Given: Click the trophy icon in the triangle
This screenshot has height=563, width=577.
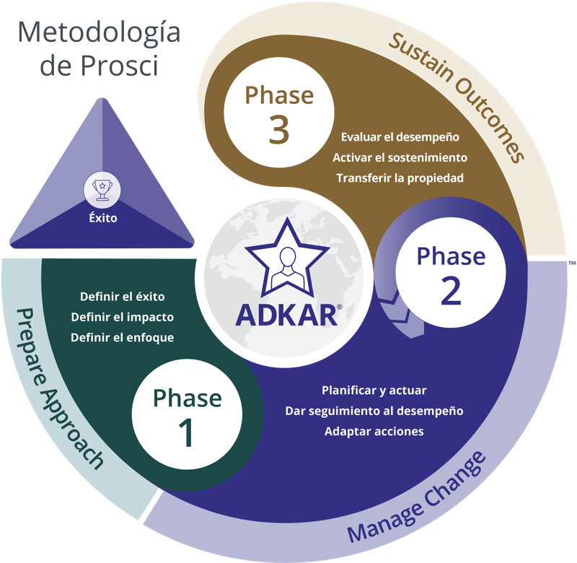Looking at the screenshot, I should coord(102,190).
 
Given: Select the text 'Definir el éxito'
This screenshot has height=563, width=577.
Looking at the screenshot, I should coord(123,296).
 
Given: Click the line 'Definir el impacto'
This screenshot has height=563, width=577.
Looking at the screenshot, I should coord(123,317).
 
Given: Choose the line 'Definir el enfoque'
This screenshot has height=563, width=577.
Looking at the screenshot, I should coord(123,337).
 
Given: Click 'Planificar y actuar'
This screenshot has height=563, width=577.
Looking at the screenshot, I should coord(374,390).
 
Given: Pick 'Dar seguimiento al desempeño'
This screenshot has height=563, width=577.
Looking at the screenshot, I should coord(374,411).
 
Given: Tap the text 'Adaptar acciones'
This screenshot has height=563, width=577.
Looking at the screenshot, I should coord(374,432).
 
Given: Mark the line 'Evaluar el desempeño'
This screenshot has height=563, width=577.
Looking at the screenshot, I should coord(400,136).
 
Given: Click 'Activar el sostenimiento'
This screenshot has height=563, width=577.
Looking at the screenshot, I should coord(400,157).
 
